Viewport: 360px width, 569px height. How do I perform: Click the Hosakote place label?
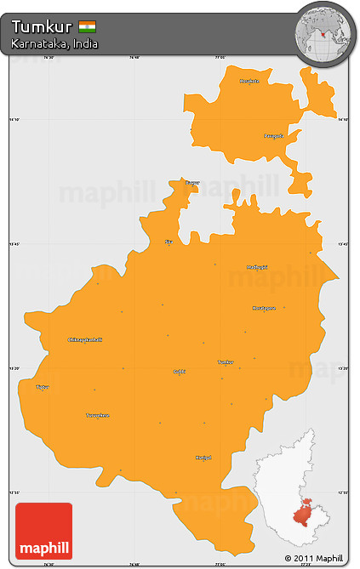249,81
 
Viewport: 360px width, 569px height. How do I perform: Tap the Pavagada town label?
272,135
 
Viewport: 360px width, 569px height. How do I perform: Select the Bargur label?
193,182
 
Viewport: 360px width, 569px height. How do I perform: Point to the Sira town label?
169,242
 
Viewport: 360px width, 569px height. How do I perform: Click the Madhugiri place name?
256,267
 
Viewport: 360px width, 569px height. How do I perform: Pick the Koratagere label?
264,308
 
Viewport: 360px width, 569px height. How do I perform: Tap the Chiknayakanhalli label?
85,339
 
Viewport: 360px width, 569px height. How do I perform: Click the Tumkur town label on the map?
226,361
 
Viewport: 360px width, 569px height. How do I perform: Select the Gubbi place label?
179,372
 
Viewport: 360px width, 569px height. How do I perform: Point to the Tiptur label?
43,387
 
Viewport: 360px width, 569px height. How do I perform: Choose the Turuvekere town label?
98,415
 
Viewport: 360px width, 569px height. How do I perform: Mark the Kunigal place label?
203,458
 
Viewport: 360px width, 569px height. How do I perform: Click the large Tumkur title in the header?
41,26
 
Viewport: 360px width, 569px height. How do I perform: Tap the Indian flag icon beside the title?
87,26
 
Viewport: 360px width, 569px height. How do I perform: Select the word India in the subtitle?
84,43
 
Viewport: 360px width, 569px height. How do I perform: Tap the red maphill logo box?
43,531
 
